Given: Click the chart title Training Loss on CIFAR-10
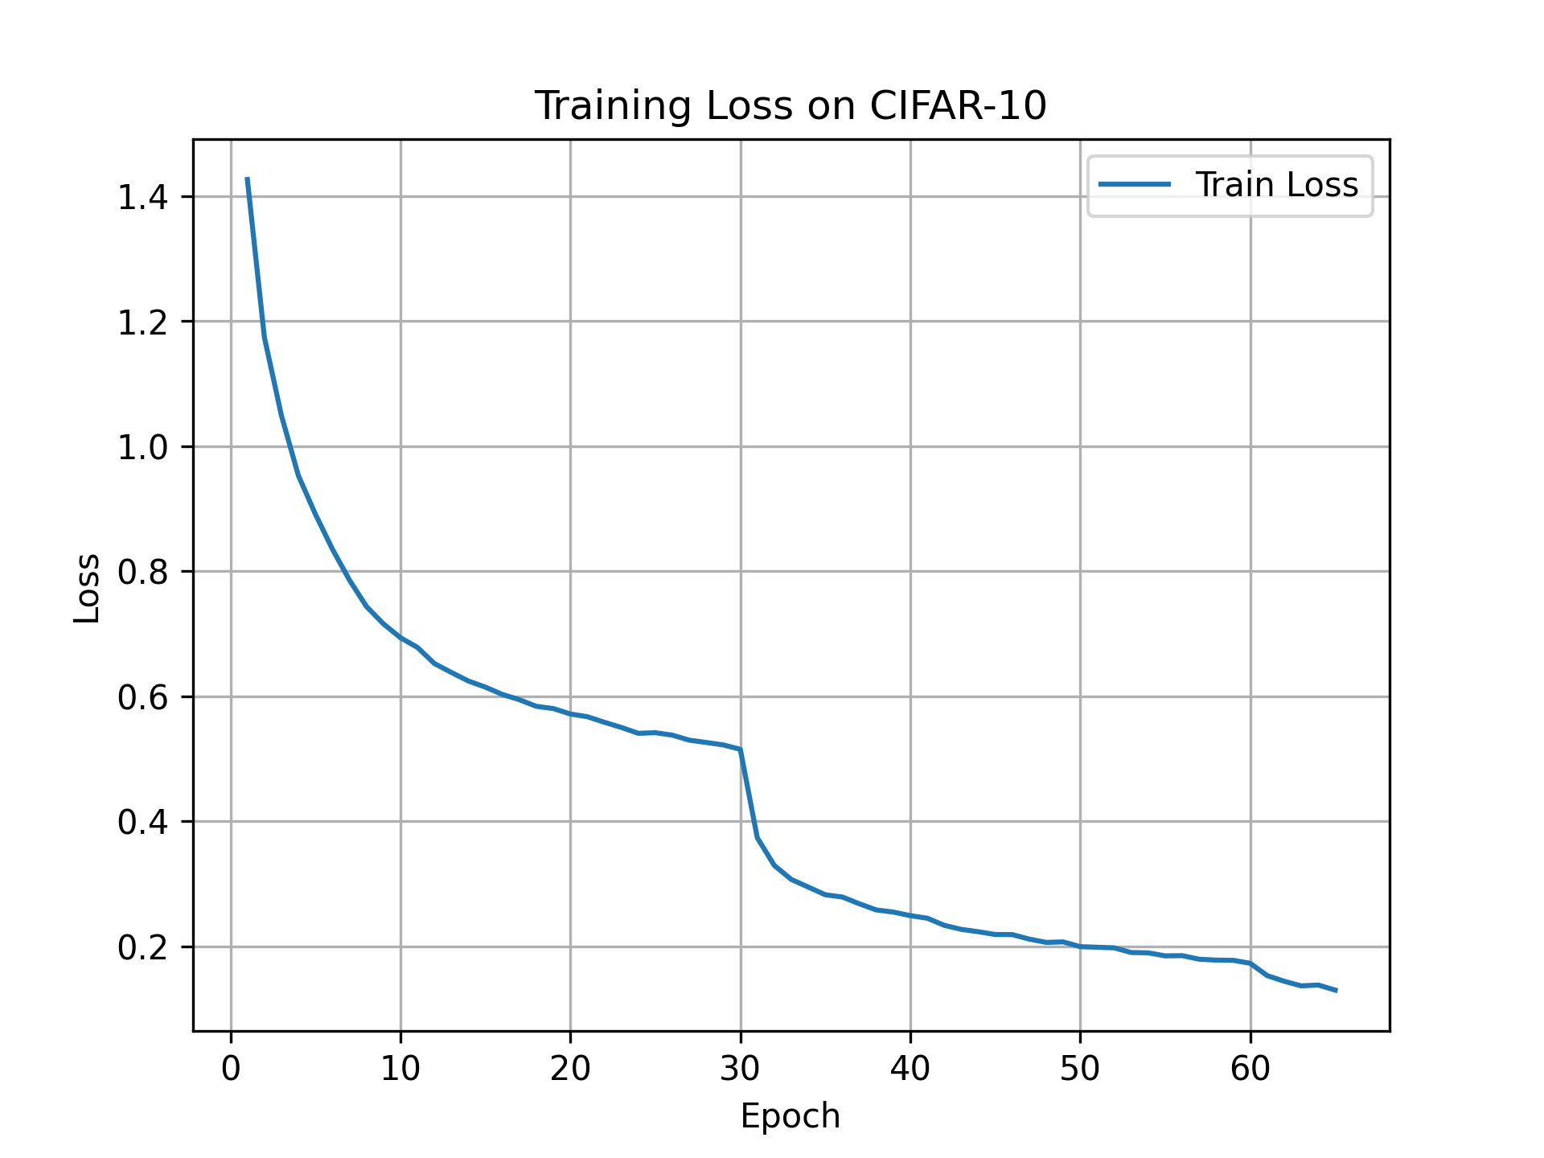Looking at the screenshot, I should [x=790, y=105].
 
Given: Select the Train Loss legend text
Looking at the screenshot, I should [x=1276, y=185].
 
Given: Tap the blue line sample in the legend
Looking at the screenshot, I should [x=1135, y=185].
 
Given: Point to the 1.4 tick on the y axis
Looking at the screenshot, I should [x=142, y=198].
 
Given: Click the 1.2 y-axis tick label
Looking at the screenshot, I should [x=142, y=322].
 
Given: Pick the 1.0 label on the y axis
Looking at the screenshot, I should [x=142, y=448].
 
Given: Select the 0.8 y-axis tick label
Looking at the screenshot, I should [x=142, y=573].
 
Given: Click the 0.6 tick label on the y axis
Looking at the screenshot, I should [x=142, y=697].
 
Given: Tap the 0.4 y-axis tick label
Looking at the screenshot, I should [x=142, y=823].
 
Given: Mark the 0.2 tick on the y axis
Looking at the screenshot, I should [x=142, y=948].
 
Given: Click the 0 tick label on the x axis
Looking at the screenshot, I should [x=231, y=1069].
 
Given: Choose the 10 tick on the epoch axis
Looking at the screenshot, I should [x=400, y=1069].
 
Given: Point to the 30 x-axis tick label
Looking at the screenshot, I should [x=740, y=1069].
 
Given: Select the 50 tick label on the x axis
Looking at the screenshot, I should [x=1080, y=1069].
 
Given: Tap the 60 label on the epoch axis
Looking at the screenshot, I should [x=1250, y=1069].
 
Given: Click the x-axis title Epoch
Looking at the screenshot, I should [x=790, y=1117].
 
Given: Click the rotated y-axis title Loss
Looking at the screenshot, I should [x=87, y=589].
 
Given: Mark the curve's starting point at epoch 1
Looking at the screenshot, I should [x=248, y=179].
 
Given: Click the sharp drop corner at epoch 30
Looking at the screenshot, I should [x=740, y=749].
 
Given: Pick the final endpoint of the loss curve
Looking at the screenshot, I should [x=1336, y=991].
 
